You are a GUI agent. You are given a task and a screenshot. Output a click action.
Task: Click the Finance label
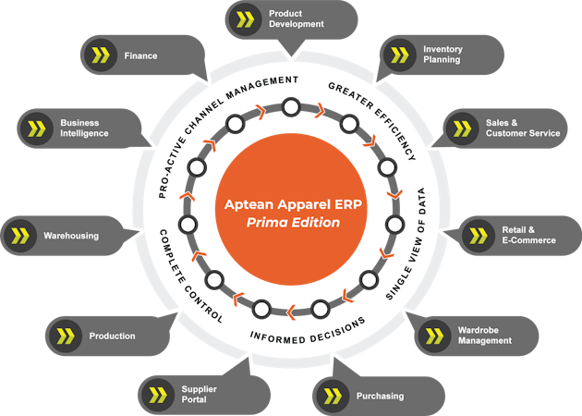(140, 55)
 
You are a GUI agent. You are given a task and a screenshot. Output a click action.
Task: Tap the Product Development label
(296, 19)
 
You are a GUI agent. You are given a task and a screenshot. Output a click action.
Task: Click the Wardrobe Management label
(484, 335)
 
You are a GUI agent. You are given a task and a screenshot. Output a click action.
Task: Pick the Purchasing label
(380, 397)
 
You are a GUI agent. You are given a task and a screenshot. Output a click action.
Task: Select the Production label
(112, 336)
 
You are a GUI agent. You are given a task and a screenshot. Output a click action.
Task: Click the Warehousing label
(70, 236)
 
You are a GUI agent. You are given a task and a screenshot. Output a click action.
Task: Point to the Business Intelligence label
(84, 128)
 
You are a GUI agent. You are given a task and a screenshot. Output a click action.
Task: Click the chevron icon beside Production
(66, 336)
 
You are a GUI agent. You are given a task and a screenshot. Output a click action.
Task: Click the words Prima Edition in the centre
(291, 223)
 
